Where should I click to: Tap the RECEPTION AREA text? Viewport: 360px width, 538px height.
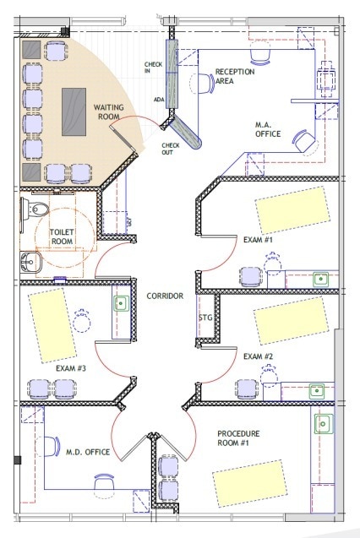[235, 77]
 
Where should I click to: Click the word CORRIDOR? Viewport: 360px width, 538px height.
[165, 296]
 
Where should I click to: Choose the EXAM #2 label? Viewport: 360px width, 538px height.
[258, 356]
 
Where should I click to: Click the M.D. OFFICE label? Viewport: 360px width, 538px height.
[88, 453]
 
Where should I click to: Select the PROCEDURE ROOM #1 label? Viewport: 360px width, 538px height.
[237, 439]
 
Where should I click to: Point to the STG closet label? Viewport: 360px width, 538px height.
[205, 318]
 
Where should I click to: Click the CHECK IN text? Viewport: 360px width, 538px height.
[153, 68]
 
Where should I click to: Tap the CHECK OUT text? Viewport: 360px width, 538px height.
[170, 149]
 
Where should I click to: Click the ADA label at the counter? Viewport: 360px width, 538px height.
[159, 100]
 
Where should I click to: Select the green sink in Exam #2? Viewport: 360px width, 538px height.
[317, 390]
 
